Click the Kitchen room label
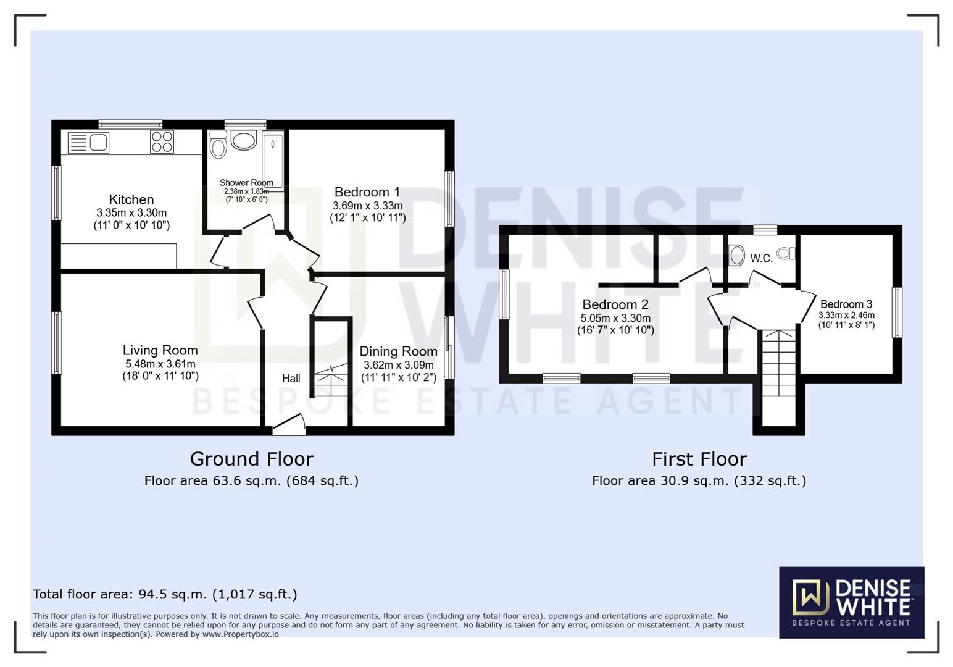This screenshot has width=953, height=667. pos(131,199)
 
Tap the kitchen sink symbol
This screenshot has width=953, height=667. pos(89,143)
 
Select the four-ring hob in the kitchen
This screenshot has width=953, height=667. pos(162,141)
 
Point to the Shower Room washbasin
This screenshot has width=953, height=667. pos(244,140)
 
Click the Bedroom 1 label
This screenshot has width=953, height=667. pos(367,192)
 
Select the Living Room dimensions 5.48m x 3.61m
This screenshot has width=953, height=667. pos(160,364)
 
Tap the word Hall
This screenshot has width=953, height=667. pos(291,378)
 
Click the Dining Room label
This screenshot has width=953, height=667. pos(398,351)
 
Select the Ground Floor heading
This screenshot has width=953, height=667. pos(251,459)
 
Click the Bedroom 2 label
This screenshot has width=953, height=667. pos(615,304)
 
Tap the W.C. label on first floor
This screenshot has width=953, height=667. pos(761,259)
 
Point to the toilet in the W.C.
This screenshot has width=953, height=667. pos(786,253)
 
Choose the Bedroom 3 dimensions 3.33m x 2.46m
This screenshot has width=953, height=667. pos(846,315)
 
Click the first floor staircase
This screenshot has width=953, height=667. pos(779,364)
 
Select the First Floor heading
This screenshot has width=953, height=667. pos(699,459)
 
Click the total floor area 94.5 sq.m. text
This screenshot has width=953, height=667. pos(165,594)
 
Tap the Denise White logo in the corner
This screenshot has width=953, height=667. pos(851,602)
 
